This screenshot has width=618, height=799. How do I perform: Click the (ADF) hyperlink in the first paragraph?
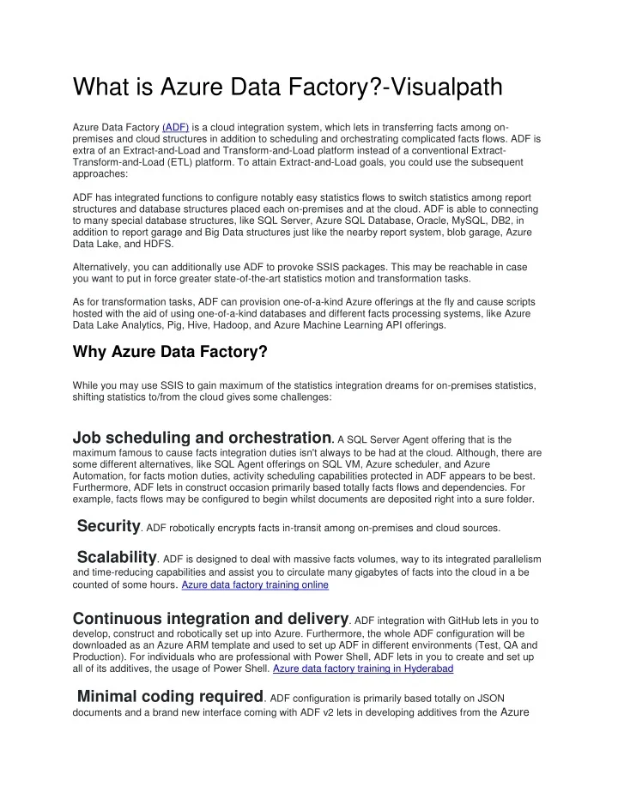[175, 126]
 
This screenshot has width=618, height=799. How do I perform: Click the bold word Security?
[108, 524]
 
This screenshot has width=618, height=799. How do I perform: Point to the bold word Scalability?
[117, 559]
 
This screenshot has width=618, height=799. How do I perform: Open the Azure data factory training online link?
[255, 585]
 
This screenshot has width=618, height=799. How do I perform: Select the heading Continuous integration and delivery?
[211, 618]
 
